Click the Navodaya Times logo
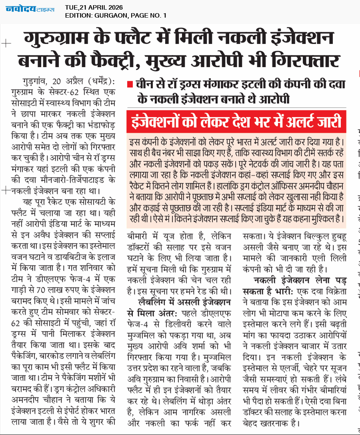click(30, 9)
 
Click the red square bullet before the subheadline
click(129, 84)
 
